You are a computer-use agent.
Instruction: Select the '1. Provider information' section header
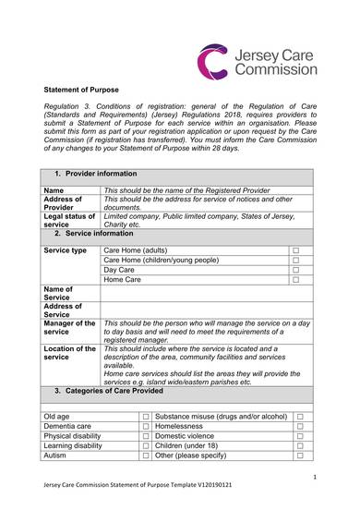tap(96, 174)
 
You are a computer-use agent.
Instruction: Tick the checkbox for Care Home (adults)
tap(297, 251)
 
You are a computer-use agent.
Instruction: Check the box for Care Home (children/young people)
tap(297, 264)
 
